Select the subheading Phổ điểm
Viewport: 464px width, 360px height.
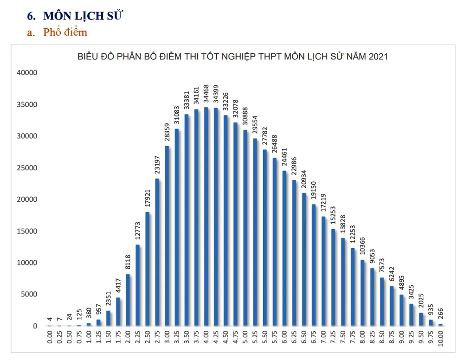(65, 32)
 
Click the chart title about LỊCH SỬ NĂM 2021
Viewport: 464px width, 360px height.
(232, 57)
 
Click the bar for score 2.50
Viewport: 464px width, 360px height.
(147, 269)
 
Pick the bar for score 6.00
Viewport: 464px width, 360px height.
(284, 248)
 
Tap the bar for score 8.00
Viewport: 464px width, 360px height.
(362, 293)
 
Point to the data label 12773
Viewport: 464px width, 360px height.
(137, 231)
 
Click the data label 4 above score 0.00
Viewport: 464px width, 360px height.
(50, 321)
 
